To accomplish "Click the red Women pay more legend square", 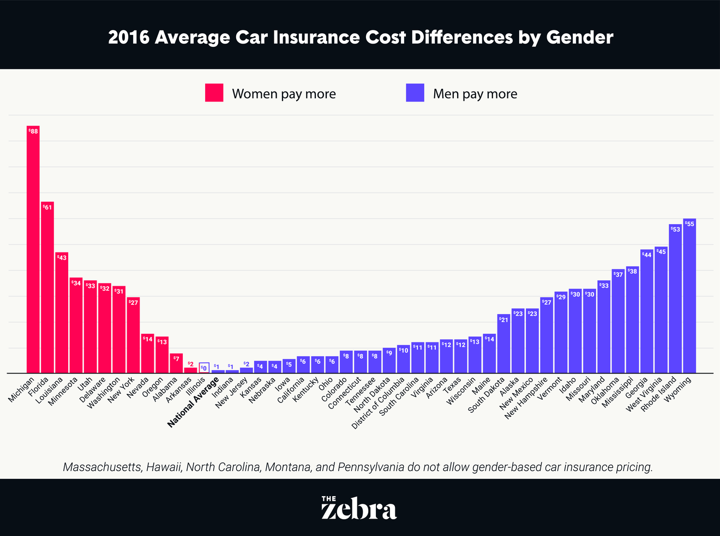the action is (214, 93).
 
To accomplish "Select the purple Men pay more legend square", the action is (415, 93).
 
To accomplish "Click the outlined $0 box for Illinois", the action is (204, 368).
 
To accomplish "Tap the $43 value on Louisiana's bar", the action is (62, 257).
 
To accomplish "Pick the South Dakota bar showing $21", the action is (503, 344).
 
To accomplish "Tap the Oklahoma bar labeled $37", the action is (618, 322).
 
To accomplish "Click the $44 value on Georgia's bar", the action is (646, 255).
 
